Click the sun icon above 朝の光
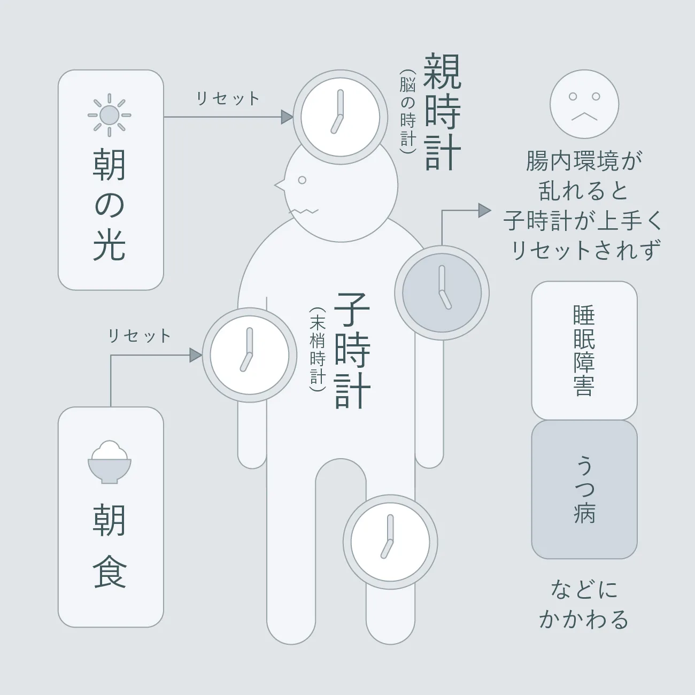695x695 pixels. click(109, 115)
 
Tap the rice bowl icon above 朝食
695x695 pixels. click(109, 462)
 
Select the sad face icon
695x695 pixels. click(584, 104)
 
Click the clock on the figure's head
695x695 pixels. click(341, 117)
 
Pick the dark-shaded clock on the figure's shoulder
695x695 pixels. click(442, 293)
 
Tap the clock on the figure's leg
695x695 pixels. click(390, 542)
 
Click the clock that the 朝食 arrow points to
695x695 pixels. click(250, 355)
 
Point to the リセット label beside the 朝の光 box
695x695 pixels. click(228, 98)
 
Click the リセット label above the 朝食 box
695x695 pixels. click(139, 336)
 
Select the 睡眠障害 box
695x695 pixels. click(584, 351)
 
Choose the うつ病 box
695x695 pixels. click(584, 489)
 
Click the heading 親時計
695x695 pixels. click(442, 112)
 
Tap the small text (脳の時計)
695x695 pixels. click(408, 112)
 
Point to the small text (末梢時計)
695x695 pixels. click(318, 350)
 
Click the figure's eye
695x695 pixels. click(302, 180)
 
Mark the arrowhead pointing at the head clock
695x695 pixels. click(287, 117)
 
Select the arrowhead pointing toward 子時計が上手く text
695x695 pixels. click(485, 210)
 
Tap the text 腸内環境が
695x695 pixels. click(584, 161)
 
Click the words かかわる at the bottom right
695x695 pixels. click(584, 620)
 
